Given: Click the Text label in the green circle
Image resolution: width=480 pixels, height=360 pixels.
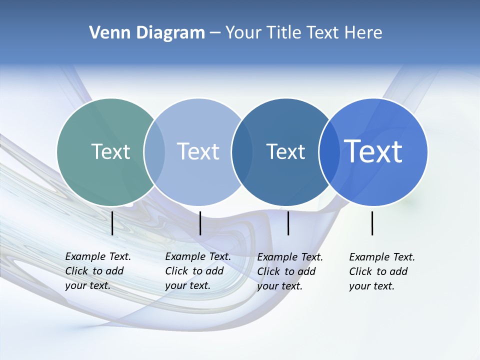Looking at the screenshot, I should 110,151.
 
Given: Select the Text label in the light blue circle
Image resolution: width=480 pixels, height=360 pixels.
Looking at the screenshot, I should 198,151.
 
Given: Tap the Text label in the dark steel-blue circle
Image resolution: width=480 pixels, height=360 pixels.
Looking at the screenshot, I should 285,151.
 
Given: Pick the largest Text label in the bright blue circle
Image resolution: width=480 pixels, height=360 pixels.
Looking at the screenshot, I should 373,151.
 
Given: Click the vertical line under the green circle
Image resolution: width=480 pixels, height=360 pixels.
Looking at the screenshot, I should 112,223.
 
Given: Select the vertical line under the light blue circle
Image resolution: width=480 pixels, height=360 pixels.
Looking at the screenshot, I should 200,223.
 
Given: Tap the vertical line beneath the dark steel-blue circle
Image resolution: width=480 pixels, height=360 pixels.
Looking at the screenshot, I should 288,223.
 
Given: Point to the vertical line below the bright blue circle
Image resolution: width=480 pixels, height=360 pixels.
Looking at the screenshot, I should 372,223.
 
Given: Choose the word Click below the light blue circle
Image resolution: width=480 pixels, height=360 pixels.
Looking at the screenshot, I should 176,271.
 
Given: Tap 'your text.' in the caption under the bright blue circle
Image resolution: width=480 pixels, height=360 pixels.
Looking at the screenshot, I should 371,286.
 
